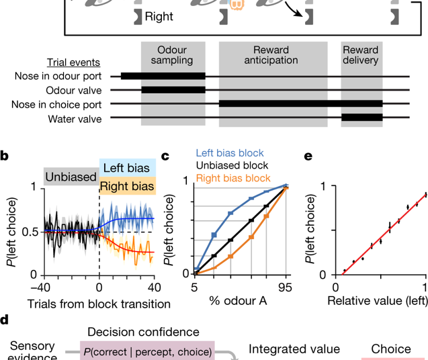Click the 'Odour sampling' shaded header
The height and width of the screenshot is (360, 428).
tap(173, 55)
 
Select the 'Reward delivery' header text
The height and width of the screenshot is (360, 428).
tap(361, 55)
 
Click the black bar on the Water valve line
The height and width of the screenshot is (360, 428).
tap(361, 118)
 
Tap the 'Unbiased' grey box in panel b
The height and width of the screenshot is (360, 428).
tap(71, 177)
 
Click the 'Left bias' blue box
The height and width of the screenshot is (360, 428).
tap(128, 168)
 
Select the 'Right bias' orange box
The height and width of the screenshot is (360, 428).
tap(128, 186)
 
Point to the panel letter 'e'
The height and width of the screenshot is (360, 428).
tap(308, 156)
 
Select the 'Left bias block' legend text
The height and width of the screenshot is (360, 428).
tap(230, 153)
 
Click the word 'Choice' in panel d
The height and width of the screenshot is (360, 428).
tap(392, 349)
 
